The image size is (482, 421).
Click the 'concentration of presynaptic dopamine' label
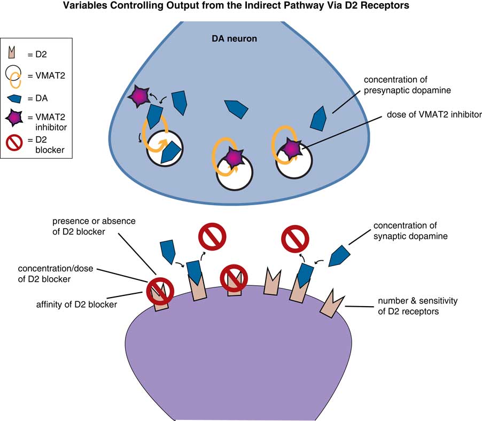coord(407,85)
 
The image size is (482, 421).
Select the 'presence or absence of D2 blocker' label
coord(95,225)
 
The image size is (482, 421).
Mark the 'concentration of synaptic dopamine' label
coord(410,231)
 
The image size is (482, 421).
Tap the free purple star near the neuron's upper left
coord(139,96)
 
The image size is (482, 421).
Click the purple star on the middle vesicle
coord(234,157)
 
